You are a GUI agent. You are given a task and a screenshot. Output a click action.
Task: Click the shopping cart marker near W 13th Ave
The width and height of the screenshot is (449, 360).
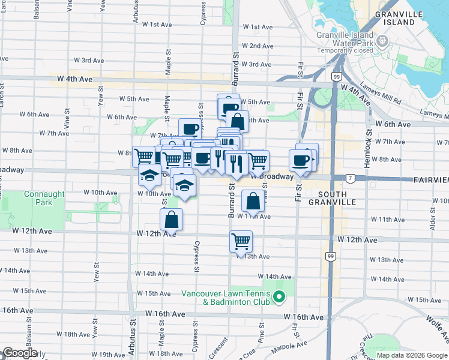pos(241,242)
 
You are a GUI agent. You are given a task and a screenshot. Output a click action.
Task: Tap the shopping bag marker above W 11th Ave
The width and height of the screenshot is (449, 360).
pos(253,201)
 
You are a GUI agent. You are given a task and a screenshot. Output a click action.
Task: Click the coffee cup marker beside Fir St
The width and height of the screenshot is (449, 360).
pos(301,160)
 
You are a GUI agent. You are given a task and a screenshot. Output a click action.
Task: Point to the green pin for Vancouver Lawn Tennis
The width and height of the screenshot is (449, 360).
pos(279,296)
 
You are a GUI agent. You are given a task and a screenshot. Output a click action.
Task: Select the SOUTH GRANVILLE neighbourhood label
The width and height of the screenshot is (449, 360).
pos(337,198)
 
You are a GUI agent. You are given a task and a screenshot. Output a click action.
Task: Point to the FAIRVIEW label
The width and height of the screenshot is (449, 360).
pos(430,180)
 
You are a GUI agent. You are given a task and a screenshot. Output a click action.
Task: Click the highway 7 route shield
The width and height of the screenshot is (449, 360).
pos(350,178)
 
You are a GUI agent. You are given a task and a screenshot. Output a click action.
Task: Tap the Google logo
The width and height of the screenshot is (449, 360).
pos(19,353)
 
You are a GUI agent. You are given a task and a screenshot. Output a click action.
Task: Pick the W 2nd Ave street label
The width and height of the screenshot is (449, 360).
pos(258,46)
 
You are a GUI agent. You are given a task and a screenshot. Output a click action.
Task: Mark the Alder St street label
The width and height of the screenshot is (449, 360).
pos(432,221)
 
